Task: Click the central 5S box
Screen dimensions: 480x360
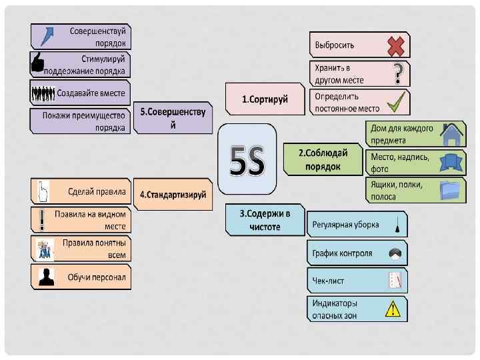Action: (x=247, y=159)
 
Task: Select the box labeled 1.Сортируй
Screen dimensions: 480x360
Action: (x=265, y=99)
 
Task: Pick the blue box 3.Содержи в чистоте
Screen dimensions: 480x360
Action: (x=265, y=220)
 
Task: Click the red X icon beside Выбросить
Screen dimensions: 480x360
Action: (x=396, y=45)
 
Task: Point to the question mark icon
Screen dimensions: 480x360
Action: (x=398, y=73)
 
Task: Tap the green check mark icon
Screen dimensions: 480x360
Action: (x=397, y=101)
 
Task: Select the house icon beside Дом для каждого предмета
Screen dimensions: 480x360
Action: (x=452, y=135)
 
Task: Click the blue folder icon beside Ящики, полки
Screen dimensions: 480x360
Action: (x=451, y=191)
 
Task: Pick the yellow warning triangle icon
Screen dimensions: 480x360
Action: (x=393, y=309)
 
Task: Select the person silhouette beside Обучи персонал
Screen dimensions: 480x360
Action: (x=46, y=277)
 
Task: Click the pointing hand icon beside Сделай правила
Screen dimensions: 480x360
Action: (x=41, y=192)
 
